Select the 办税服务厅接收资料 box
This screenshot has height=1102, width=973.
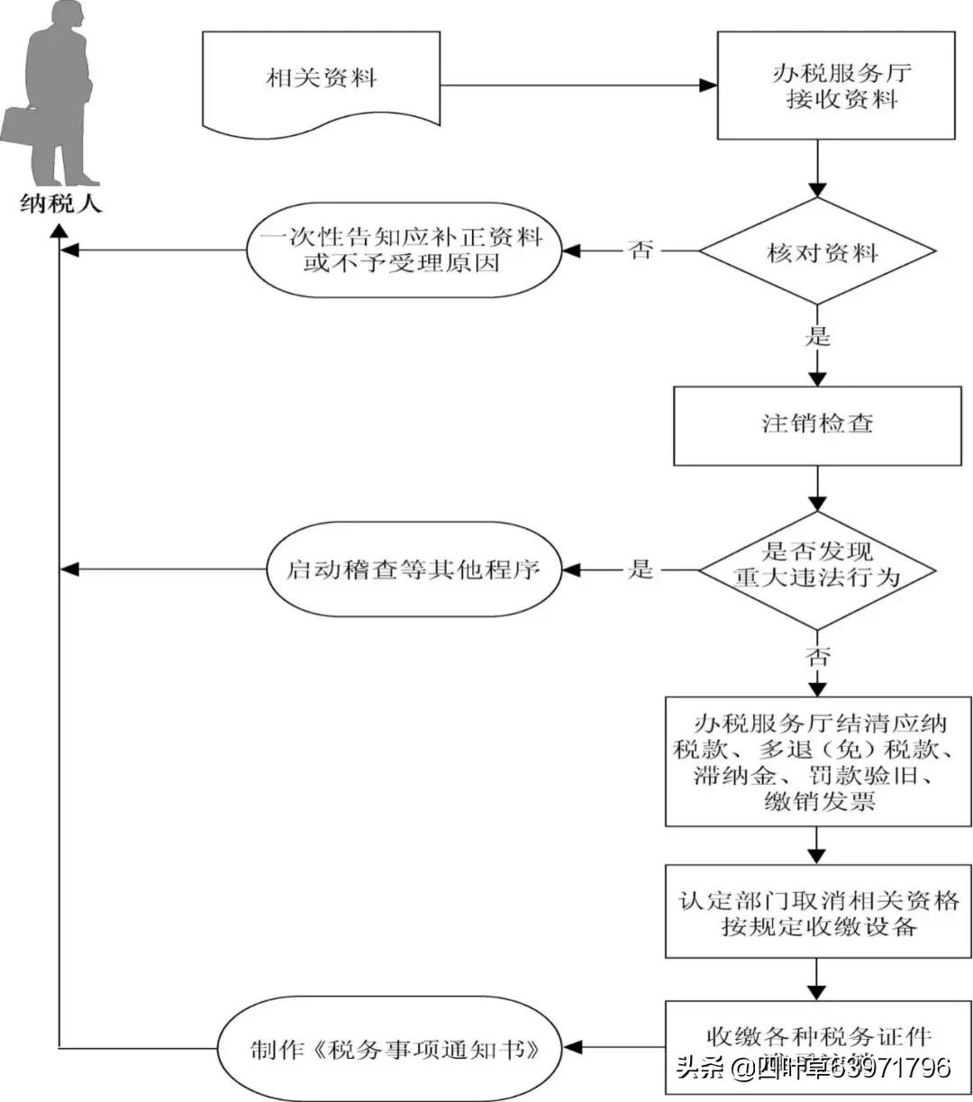(835, 86)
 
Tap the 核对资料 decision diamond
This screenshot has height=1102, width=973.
(817, 251)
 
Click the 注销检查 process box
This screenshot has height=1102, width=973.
(817, 424)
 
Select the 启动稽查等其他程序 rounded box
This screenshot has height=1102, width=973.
(414, 569)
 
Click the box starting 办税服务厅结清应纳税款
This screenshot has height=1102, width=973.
(817, 761)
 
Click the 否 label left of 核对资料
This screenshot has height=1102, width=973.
(641, 250)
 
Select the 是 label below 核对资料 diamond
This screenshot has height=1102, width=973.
(817, 337)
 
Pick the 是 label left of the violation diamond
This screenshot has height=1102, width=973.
(641, 569)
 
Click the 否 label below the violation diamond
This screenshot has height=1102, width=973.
(817, 656)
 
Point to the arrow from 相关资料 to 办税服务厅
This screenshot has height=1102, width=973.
(577, 87)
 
